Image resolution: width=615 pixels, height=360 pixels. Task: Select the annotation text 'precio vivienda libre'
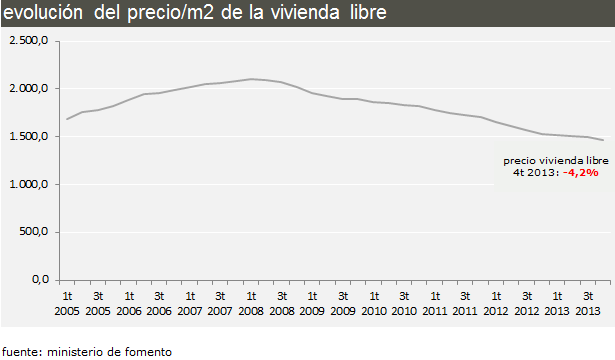click(x=555, y=160)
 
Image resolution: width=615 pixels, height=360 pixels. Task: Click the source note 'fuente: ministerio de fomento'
click(x=87, y=351)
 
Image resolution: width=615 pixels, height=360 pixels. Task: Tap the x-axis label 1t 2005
click(x=68, y=304)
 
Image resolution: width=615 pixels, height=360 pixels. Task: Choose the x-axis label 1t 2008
click(x=251, y=304)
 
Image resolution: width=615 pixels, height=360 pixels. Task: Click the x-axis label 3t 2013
click(x=588, y=304)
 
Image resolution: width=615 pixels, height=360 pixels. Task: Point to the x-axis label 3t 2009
click(x=343, y=304)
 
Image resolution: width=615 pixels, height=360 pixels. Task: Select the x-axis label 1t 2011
click(x=435, y=304)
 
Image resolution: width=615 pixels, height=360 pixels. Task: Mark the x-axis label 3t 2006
click(x=159, y=304)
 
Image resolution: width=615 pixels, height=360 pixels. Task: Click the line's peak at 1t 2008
click(x=251, y=79)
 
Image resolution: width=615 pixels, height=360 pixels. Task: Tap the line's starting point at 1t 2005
click(x=67, y=119)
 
